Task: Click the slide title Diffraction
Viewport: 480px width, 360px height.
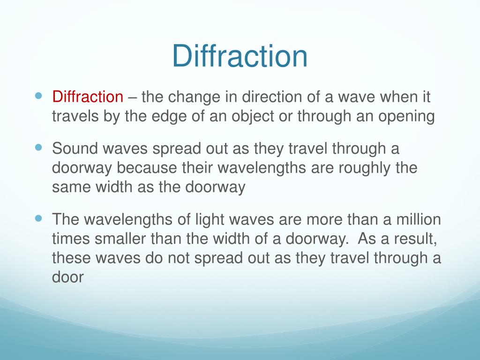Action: coord(240,56)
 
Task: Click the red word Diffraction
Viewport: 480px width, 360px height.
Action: coord(87,97)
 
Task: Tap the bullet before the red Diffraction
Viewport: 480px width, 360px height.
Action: coord(39,95)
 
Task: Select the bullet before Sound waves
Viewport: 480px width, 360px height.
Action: coord(39,147)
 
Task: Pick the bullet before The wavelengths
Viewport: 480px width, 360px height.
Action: coord(39,218)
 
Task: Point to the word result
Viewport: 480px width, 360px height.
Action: coord(416,239)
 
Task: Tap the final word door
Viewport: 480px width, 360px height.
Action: coord(67,277)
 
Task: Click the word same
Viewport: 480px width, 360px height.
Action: coord(71,187)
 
